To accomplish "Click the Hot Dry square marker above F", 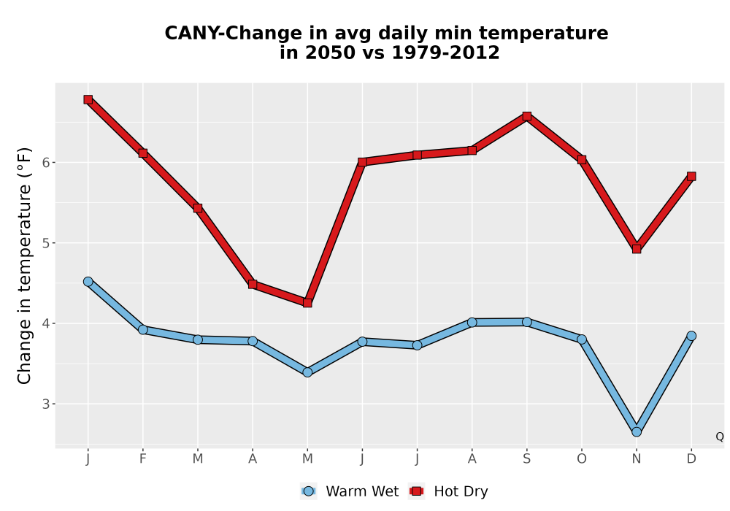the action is [x=143, y=153].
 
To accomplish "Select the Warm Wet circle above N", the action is [x=637, y=432].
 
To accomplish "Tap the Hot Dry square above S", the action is [x=526, y=116].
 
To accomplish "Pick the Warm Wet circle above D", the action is [x=691, y=336].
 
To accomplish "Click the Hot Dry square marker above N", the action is [x=637, y=249].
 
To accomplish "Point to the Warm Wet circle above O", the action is [x=582, y=339].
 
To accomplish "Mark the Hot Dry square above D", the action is [x=691, y=177].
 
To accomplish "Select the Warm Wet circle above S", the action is [x=526, y=322].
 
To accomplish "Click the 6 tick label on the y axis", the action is [x=45, y=162].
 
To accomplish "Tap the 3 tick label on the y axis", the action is [x=45, y=404].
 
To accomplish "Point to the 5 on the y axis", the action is [x=45, y=243].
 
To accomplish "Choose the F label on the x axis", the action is [x=143, y=459].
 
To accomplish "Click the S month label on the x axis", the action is [x=526, y=459].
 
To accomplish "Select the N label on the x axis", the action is [x=637, y=459].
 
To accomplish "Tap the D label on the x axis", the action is [x=691, y=459].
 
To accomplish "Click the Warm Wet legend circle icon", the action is [x=308, y=491].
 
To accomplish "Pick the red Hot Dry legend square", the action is [x=417, y=491].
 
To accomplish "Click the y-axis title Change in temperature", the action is [x=24, y=266].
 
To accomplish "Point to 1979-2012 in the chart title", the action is [x=445, y=53].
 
